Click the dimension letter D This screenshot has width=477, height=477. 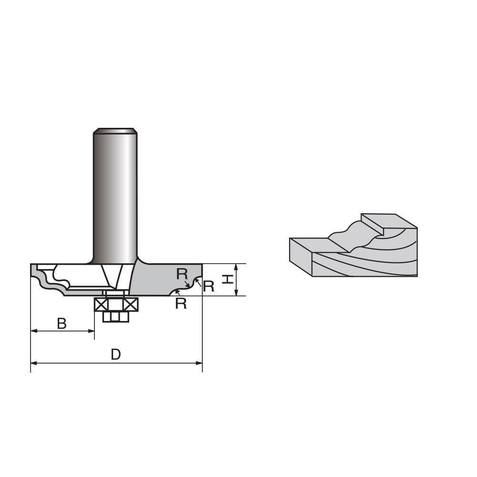pyautogui.click(x=116, y=354)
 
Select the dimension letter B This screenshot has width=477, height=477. pyautogui.click(x=62, y=324)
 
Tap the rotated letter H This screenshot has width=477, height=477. pyautogui.click(x=228, y=279)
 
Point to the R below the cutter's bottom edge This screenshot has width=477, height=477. pyautogui.click(x=181, y=303)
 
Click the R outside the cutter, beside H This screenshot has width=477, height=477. pyautogui.click(x=208, y=286)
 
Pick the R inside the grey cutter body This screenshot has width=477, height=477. pyautogui.click(x=182, y=274)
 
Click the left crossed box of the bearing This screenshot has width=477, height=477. pyautogui.click(x=101, y=304)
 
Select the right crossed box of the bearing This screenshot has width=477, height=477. pyautogui.click(x=130, y=304)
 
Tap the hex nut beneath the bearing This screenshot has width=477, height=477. pyautogui.click(x=116, y=317)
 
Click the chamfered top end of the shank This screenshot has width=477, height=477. pyautogui.click(x=115, y=131)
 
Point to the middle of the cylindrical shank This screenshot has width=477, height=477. pyautogui.click(x=115, y=196)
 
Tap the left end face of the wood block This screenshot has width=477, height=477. pyautogui.click(x=301, y=257)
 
